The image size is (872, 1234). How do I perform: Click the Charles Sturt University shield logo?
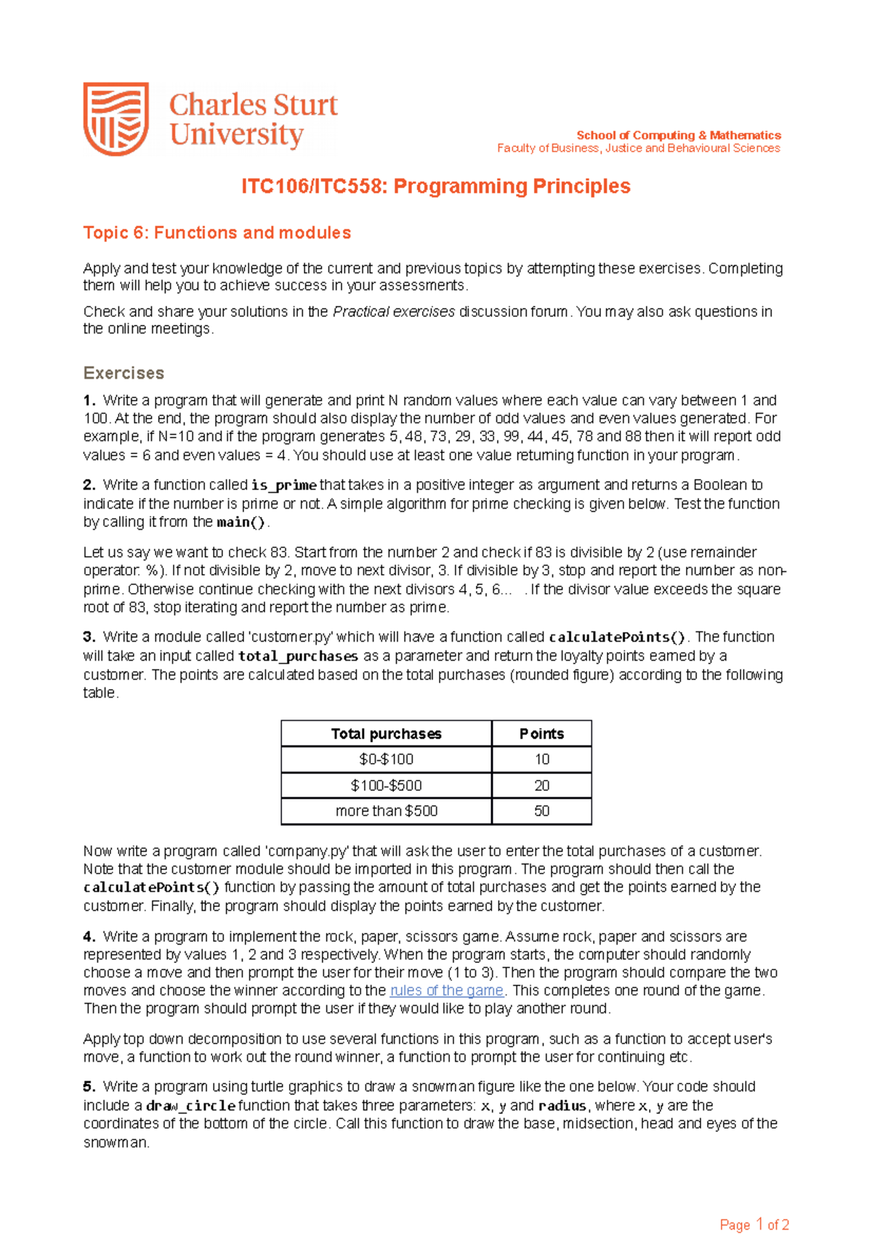[116, 118]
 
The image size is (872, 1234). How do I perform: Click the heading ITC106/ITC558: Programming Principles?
[435, 187]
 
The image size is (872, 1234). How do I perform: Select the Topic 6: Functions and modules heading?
[217, 233]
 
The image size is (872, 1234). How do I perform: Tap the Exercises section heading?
[124, 373]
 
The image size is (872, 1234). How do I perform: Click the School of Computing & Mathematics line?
[678, 135]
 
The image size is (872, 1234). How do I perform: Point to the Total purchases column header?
[386, 734]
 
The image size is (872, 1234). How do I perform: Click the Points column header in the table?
[541, 734]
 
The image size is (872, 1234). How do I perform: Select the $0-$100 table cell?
[386, 759]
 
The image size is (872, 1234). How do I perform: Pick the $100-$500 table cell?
[386, 786]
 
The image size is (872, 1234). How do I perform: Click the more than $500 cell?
[386, 811]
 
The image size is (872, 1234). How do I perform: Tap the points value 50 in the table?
[541, 811]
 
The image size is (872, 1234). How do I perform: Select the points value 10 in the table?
[541, 759]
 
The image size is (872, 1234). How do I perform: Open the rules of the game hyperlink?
[447, 991]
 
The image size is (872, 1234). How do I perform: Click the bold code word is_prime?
[284, 485]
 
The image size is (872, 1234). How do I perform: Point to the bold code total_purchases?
[298, 656]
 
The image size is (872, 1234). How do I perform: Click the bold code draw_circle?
[190, 1106]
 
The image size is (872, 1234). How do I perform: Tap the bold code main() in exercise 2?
[241, 523]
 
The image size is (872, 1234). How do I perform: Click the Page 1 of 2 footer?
[754, 1204]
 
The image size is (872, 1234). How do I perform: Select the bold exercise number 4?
[89, 937]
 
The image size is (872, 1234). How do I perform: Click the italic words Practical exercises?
[393, 312]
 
